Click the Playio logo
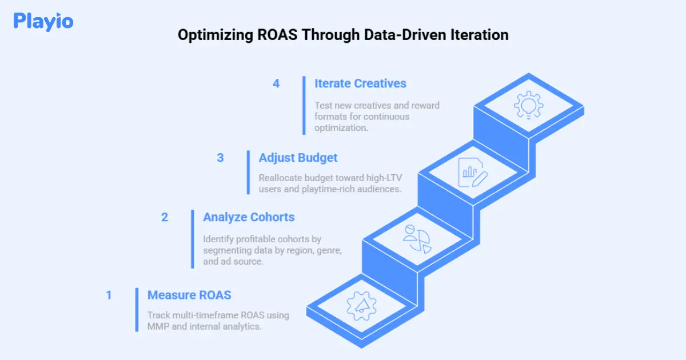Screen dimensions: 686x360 point(43,22)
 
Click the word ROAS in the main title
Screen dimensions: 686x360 point(277,35)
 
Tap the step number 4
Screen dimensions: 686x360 point(276,83)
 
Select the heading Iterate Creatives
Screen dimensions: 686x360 point(360,83)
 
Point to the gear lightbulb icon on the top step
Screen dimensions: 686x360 point(529,105)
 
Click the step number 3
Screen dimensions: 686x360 point(220,158)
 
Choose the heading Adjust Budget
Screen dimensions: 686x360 point(298,158)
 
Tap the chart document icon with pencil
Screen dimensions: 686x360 point(473,173)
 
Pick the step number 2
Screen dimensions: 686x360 point(165,217)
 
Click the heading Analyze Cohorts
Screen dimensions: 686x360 point(249,217)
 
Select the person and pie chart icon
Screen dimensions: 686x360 point(417,239)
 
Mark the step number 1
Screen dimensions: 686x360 point(109,295)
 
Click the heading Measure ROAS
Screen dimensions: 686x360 point(189,295)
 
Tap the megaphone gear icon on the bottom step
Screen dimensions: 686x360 point(361,306)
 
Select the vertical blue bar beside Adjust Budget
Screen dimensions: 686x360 point(248,173)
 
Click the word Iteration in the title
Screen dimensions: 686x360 point(479,35)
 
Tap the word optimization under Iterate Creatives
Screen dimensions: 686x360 point(341,128)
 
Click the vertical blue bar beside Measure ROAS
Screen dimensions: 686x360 point(137,310)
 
